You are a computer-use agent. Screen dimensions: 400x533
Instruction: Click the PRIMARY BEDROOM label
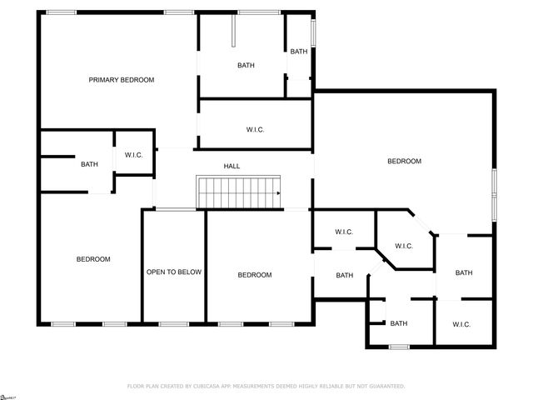pyautogui.click(x=122, y=80)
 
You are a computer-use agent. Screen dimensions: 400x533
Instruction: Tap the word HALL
pyautogui.click(x=232, y=166)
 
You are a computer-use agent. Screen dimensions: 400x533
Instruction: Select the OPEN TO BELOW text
pyautogui.click(x=174, y=272)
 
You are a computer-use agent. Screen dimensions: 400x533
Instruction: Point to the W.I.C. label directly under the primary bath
pyautogui.click(x=256, y=129)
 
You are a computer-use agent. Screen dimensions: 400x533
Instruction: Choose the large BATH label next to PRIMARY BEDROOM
pyautogui.click(x=246, y=65)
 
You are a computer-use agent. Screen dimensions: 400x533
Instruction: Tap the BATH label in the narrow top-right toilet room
pyautogui.click(x=298, y=52)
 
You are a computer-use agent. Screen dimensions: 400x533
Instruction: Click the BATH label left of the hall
pyautogui.click(x=89, y=164)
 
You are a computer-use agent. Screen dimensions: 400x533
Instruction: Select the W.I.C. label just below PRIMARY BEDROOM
pyautogui.click(x=134, y=155)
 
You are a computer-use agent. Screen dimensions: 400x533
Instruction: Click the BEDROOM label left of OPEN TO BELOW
pyautogui.click(x=93, y=259)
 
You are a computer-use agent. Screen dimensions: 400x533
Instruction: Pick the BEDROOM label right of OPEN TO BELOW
pyautogui.click(x=254, y=275)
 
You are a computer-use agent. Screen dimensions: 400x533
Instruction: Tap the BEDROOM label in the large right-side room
pyautogui.click(x=404, y=161)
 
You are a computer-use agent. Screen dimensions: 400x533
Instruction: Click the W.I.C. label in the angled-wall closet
pyautogui.click(x=404, y=246)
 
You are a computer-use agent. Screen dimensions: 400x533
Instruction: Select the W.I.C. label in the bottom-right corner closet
pyautogui.click(x=462, y=324)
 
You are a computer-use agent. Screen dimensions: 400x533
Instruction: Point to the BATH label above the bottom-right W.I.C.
pyautogui.click(x=464, y=273)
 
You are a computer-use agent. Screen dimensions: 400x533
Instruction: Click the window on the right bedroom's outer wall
pyautogui.click(x=494, y=194)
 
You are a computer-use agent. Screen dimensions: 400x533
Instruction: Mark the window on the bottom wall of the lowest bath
pyautogui.click(x=399, y=346)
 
